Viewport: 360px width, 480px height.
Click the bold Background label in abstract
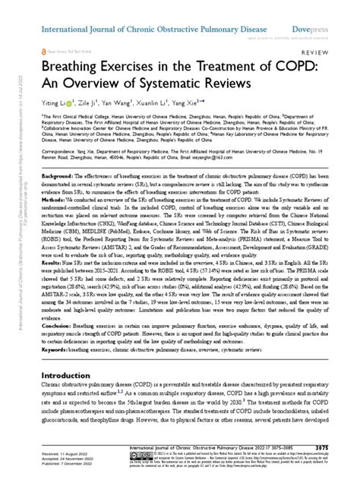point(48,175)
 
